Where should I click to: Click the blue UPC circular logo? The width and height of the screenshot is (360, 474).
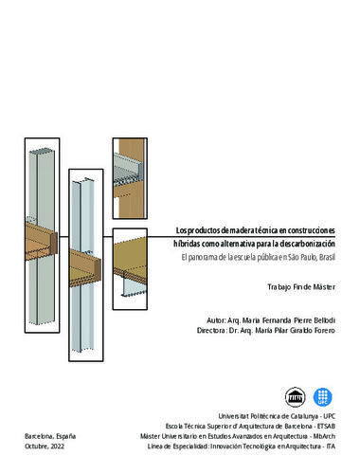point(322,397)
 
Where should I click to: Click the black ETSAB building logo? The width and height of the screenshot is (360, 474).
point(296,397)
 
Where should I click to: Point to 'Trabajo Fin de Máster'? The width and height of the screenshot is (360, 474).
point(301,287)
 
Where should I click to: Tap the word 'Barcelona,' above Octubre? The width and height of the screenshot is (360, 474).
point(40,436)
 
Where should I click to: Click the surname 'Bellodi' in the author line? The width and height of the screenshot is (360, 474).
point(324,320)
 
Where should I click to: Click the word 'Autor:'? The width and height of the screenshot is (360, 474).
point(216,320)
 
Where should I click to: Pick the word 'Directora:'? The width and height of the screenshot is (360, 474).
point(211,330)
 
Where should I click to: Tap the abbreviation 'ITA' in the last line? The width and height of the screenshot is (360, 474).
point(331,447)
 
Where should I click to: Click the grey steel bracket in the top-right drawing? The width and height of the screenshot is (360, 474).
point(129,169)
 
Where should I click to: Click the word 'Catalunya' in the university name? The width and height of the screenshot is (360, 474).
point(304,416)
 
